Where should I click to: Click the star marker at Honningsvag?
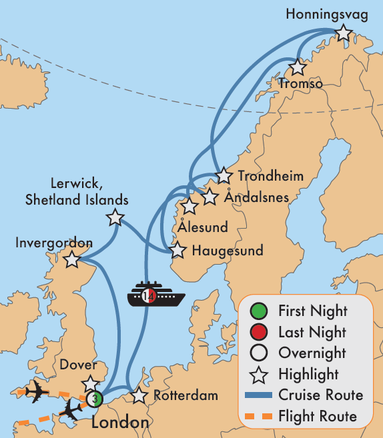pyautogui.click(x=343, y=33)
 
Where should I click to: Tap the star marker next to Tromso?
pyautogui.click(x=298, y=67)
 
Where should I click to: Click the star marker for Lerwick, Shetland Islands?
pyautogui.click(x=115, y=217)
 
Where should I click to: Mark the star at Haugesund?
pyautogui.click(x=177, y=251)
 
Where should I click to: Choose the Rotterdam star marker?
pyautogui.click(x=139, y=396)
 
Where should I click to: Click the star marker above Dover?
pyautogui.click(x=90, y=383)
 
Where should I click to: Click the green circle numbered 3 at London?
pyautogui.click(x=94, y=399)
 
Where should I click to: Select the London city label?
pyautogui.click(x=120, y=423)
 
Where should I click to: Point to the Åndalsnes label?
pyautogui.click(x=257, y=198)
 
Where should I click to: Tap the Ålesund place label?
pyautogui.click(x=203, y=227)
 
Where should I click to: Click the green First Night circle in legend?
pyautogui.click(x=259, y=311)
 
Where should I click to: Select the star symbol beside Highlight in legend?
pyautogui.click(x=259, y=374)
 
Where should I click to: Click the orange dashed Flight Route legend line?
pyautogui.click(x=259, y=416)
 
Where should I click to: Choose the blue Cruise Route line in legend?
pyautogui.click(x=259, y=395)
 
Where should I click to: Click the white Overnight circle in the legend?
pyautogui.click(x=259, y=353)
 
